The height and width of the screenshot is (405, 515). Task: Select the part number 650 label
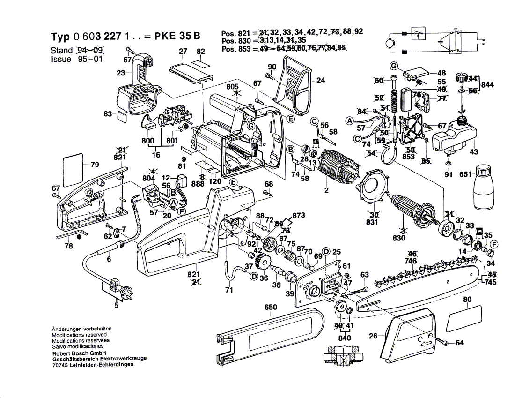coord(271,308)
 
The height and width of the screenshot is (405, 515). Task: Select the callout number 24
coord(320,80)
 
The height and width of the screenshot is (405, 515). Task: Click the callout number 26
coord(373,336)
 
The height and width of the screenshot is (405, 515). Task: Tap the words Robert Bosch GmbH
coord(79,352)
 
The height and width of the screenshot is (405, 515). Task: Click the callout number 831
coord(372,222)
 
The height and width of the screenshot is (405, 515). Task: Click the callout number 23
coord(121,73)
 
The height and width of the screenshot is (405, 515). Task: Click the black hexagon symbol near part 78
coord(79,237)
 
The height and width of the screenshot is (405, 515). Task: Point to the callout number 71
coord(229,290)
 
